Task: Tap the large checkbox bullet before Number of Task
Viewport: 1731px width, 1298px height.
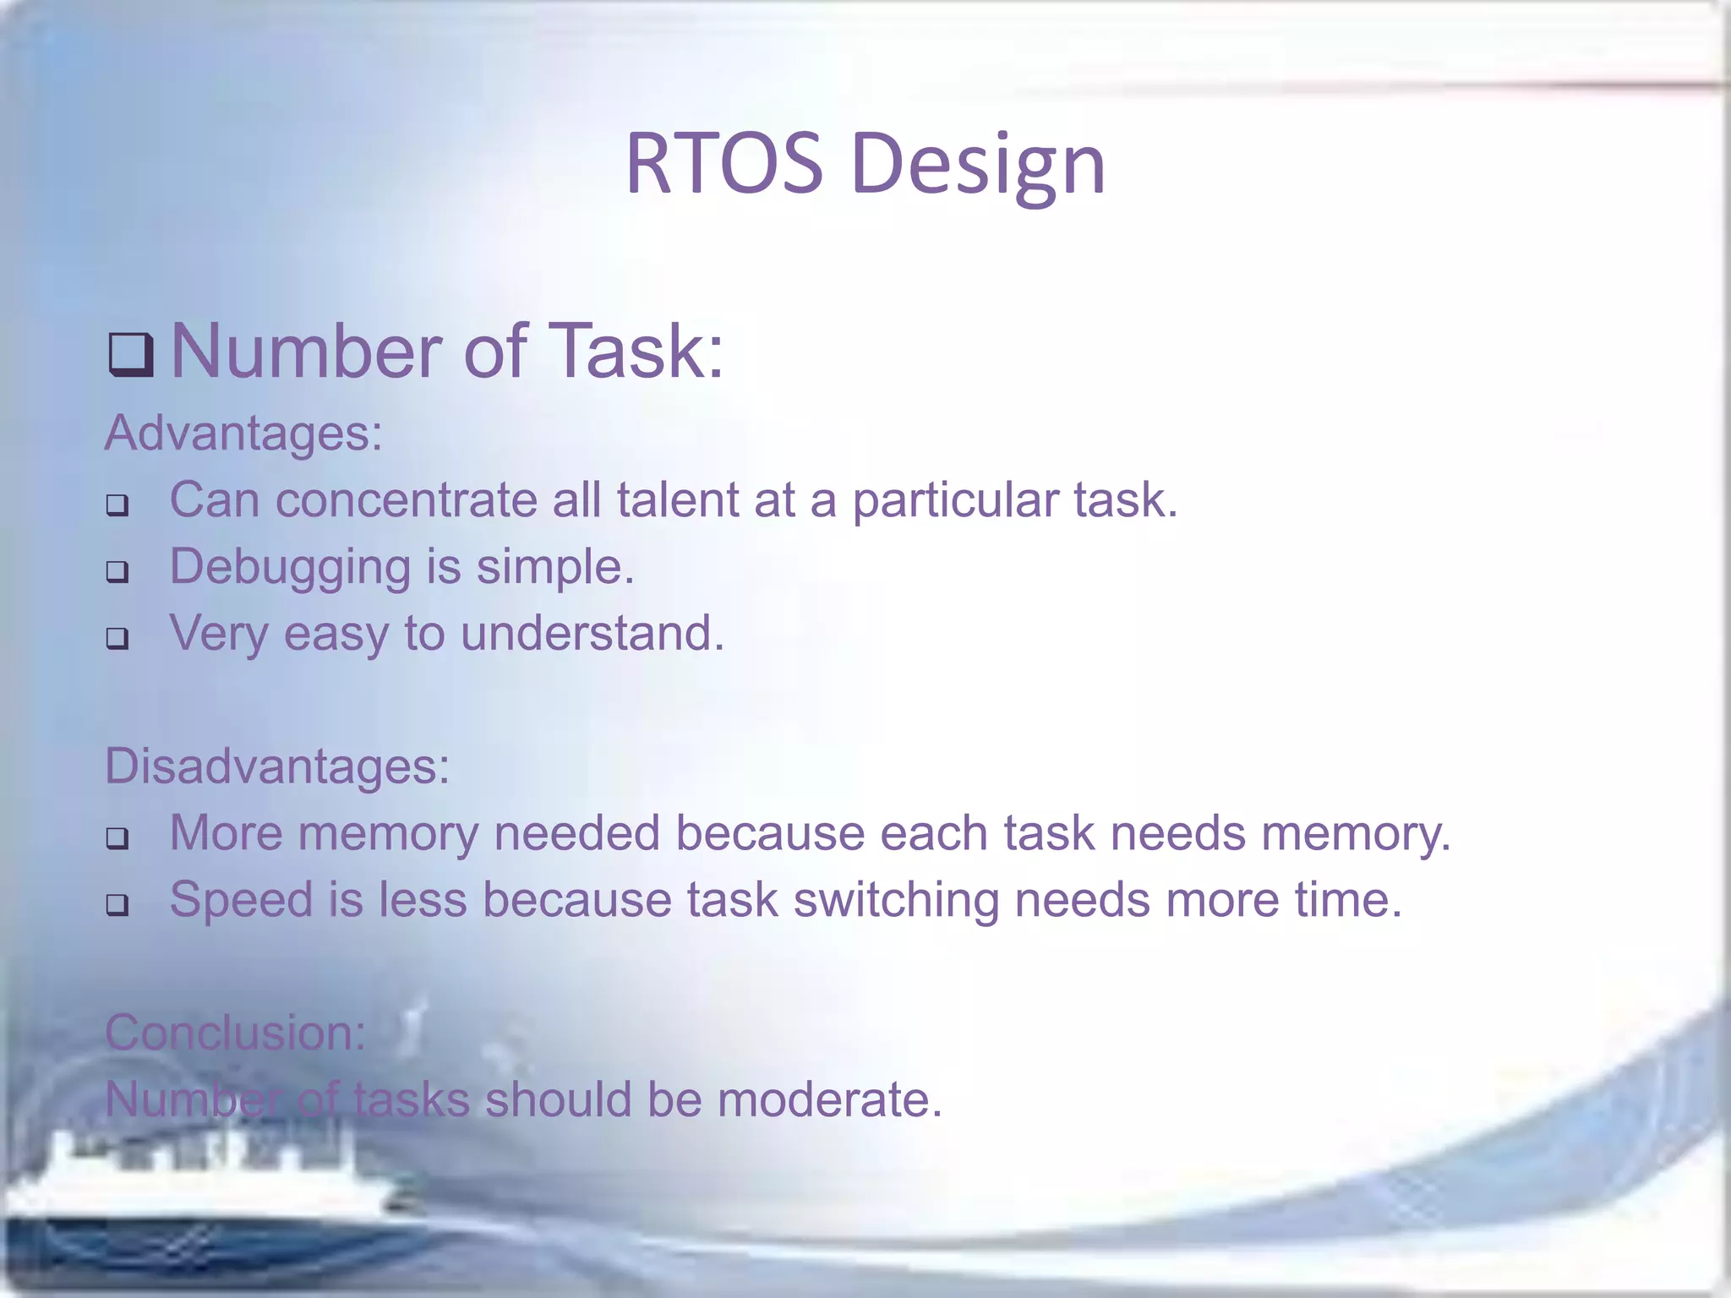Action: (x=131, y=354)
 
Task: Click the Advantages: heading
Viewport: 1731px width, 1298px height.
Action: (x=243, y=433)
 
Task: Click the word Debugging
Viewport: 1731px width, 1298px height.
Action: (x=290, y=567)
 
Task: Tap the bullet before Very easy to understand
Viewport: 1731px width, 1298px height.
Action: (x=117, y=638)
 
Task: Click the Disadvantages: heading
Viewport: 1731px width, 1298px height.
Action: (x=277, y=766)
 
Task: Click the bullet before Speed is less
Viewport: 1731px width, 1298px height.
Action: (x=117, y=905)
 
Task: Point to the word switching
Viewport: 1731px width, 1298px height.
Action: (x=895, y=900)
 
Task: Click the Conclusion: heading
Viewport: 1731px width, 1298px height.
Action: (x=235, y=1033)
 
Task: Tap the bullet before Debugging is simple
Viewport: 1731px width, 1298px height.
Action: (x=117, y=572)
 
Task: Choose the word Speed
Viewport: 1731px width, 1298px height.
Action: (x=241, y=900)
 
